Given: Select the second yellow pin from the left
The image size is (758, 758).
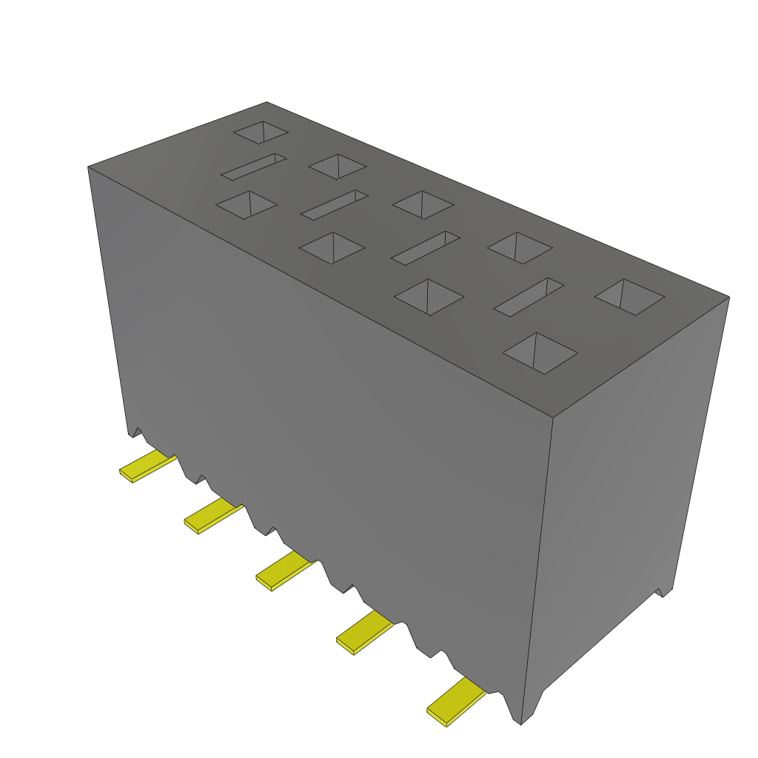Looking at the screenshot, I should pyautogui.click(x=212, y=515).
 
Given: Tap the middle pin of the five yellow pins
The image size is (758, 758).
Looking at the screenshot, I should pyautogui.click(x=285, y=571).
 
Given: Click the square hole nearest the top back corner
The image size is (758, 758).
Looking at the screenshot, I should pyautogui.click(x=261, y=133).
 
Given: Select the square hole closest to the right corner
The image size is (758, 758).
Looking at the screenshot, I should pyautogui.click(x=629, y=297).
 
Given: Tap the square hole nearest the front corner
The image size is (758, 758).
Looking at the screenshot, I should pyautogui.click(x=540, y=353).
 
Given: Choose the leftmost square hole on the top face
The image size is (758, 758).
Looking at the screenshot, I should pyautogui.click(x=246, y=205).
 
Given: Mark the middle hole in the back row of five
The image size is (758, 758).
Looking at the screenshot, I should pyautogui.click(x=423, y=204).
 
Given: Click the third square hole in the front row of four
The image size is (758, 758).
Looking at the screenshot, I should pyautogui.click(x=429, y=297).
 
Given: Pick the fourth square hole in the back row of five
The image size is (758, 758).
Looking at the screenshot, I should pyautogui.click(x=519, y=248).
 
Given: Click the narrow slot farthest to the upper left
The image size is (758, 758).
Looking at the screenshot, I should pyautogui.click(x=253, y=167).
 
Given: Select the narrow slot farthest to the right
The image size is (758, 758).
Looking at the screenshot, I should pyautogui.click(x=529, y=298).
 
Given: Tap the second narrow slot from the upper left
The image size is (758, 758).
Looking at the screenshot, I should pyautogui.click(x=335, y=205).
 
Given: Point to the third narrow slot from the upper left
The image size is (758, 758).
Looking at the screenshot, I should pyautogui.click(x=425, y=248).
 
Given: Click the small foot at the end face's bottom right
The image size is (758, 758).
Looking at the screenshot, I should pyautogui.click(x=664, y=591).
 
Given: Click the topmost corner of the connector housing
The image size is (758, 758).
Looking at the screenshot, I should pyautogui.click(x=266, y=103).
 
